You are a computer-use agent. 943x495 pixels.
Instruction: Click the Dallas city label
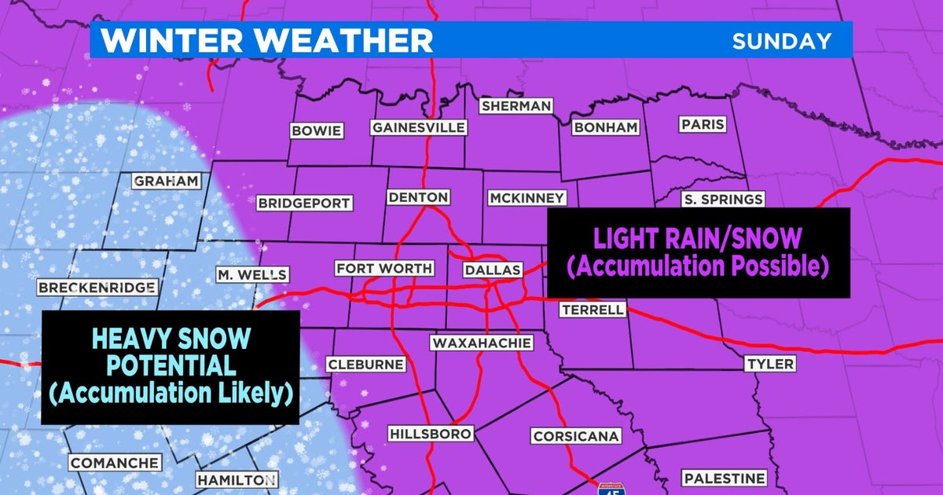pos(493,269)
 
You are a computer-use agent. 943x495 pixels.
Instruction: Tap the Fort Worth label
pos(384,269)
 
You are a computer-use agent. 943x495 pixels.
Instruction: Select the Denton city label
pos(418,197)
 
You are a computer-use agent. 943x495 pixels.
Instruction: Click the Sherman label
pos(516,106)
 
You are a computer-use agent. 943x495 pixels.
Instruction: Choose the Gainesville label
pos(419,127)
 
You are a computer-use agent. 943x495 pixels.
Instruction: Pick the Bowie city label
pos(316,131)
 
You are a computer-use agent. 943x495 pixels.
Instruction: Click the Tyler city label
pos(771,364)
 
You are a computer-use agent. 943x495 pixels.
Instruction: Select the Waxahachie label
pos(481,343)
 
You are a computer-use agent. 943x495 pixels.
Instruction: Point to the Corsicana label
pos(576,436)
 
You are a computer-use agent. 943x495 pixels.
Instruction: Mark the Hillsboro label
pos(430,434)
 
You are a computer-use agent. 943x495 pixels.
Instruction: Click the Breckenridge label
pos(96,288)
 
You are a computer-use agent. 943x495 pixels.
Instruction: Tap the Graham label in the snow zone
pos(166,181)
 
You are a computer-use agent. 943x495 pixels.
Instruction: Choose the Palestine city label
pos(724,478)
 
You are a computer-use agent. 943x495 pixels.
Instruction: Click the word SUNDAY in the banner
pos(781,41)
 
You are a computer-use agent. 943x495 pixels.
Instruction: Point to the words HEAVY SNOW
pos(171,339)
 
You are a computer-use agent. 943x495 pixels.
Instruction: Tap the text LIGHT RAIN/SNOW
pos(698,237)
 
